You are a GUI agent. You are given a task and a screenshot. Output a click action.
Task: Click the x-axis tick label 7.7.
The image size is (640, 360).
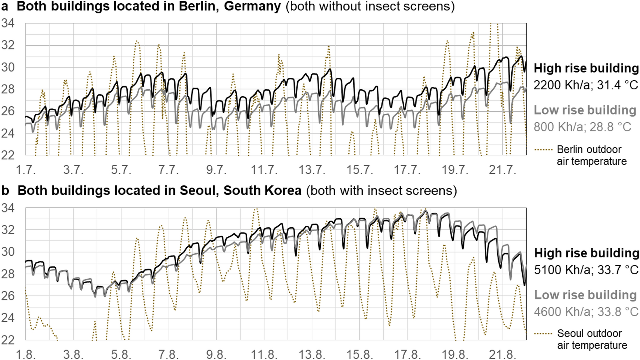tap(168, 170)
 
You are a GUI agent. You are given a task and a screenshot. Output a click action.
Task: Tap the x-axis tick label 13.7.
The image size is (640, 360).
tap(311, 170)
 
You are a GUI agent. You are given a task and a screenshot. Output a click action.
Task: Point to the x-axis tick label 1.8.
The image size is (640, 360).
tap(25, 354)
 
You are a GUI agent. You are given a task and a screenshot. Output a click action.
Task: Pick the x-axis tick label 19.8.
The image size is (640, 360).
tap(455, 354)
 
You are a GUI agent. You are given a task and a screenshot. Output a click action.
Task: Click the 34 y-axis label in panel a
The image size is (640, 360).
tap(8, 23)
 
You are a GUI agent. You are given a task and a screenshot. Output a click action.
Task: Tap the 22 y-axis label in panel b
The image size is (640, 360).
tap(8, 340)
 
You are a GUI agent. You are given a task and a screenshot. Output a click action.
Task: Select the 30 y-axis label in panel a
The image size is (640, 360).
tap(8, 67)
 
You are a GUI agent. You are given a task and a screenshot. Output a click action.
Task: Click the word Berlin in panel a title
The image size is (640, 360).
tap(199, 7)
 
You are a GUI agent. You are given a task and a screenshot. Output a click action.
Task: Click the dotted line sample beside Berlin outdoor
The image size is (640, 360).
tap(543, 149)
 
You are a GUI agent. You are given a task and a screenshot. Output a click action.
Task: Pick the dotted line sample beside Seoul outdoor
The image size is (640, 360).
tap(543, 334)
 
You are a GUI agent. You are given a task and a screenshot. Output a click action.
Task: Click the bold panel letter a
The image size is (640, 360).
tap(5, 7)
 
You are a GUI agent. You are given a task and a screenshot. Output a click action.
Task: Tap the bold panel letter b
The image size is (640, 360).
tap(5, 190)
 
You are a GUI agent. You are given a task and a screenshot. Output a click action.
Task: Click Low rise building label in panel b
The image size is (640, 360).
tap(585, 295)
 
